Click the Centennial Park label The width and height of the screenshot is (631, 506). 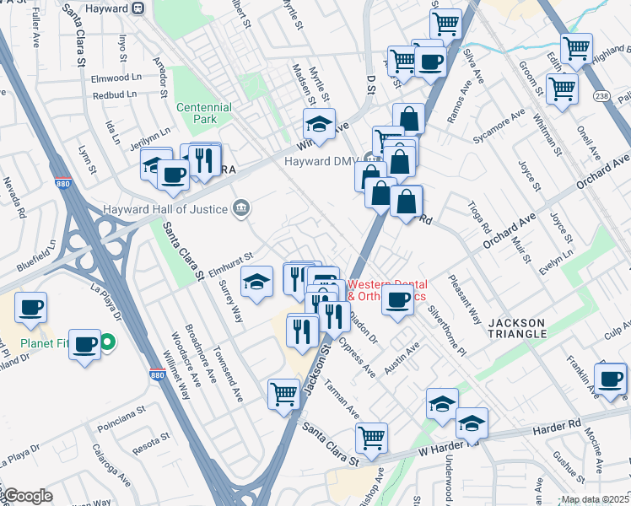tap(203, 114)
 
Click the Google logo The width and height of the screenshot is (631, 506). tap(27, 497)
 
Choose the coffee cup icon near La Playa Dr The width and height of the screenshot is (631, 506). tap(84, 345)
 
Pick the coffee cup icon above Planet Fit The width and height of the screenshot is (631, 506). tap(30, 308)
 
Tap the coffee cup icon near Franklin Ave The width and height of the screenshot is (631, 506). tap(611, 379)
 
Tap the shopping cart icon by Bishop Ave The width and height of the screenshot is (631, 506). tap(371, 438)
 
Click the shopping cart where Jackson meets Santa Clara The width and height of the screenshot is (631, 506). tap(284, 394)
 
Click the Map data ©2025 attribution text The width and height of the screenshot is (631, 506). tap(594, 499)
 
